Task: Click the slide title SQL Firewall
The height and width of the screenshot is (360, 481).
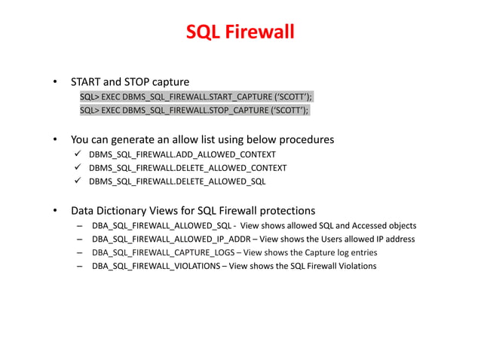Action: (240, 33)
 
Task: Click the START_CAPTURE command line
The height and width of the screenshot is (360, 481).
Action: (196, 97)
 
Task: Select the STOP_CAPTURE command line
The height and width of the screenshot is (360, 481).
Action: (195, 111)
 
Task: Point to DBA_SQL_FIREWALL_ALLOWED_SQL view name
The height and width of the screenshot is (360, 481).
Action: (161, 225)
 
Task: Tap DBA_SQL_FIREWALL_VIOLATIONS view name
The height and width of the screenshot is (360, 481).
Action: (156, 266)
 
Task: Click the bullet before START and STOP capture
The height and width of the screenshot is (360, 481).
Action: (54, 81)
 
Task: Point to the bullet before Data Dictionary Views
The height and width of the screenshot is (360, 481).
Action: (54, 210)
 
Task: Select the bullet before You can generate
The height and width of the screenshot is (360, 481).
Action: (54, 139)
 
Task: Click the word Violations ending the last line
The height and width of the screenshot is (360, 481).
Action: (355, 266)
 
